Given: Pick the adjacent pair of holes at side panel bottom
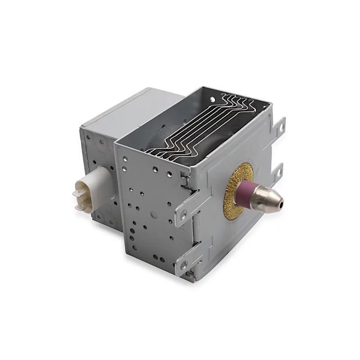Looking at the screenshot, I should (x=158, y=258).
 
